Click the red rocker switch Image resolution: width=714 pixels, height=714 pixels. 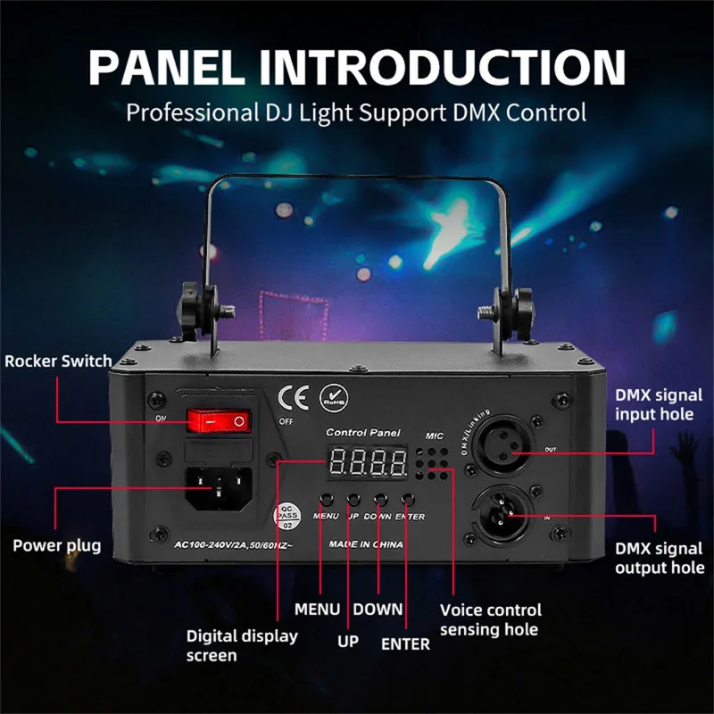click(216, 419)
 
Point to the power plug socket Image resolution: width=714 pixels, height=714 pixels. click(216, 487)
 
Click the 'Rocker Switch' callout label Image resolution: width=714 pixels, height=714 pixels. click(59, 361)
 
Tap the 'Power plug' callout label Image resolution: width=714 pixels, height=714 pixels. click(57, 545)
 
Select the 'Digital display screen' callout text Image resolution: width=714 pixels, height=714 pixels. click(242, 646)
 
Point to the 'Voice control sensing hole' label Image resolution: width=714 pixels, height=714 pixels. click(490, 619)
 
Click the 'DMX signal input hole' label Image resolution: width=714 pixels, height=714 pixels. click(659, 404)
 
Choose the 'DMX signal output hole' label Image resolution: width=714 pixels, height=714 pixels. click(660, 558)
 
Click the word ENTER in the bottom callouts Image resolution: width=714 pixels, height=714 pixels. click(405, 643)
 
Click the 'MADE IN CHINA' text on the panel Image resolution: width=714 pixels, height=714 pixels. click(366, 544)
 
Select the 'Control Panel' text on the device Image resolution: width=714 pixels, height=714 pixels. click(363, 432)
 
